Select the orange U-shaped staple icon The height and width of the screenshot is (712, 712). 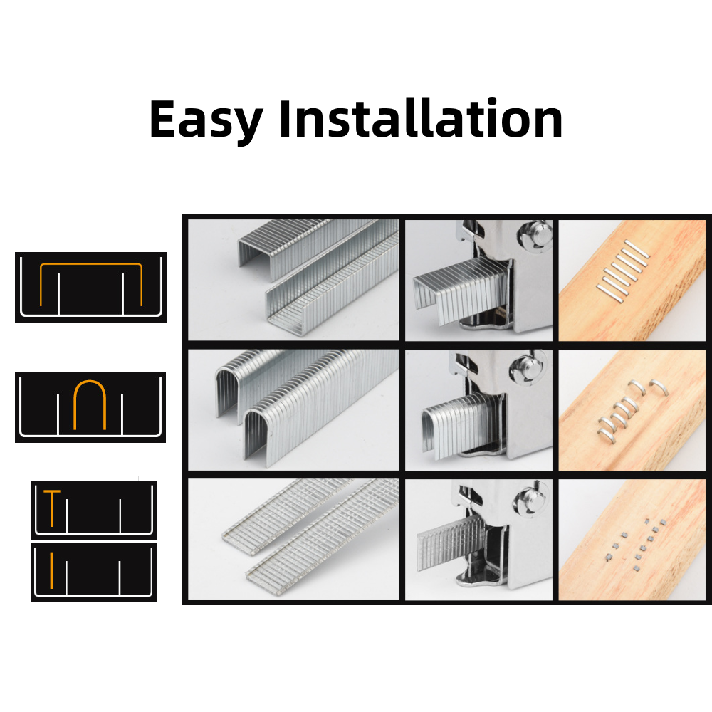(x=90, y=405)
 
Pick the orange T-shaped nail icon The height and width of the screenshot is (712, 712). (x=51, y=508)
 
